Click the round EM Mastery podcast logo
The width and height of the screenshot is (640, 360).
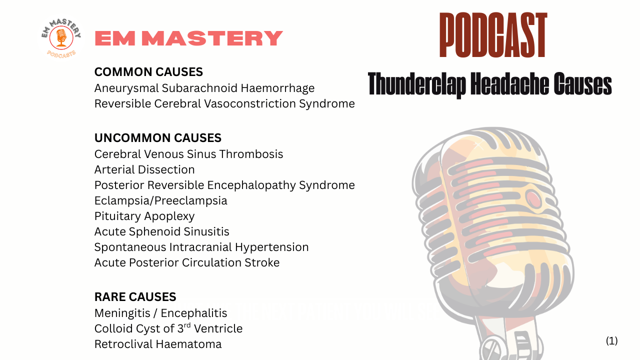60,38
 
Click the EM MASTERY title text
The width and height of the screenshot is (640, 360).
188,38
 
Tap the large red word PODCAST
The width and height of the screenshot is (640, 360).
493,35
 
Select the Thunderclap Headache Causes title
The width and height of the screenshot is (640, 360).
489,84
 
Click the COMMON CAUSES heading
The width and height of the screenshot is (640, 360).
148,72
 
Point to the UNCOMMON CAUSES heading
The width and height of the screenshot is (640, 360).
157,138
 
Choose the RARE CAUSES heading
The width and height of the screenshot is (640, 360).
135,297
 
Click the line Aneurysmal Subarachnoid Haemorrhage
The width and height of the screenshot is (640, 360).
204,88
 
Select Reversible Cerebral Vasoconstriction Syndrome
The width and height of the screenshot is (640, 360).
224,103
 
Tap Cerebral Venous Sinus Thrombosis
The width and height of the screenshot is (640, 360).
188,154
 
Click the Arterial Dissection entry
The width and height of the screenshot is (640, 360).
144,169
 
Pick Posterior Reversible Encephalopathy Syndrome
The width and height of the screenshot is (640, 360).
224,185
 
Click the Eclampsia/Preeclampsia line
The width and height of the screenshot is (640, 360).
160,200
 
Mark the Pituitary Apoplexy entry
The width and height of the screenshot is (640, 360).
144,216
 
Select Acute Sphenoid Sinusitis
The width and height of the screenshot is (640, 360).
161,231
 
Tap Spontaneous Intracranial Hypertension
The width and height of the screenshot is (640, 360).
201,247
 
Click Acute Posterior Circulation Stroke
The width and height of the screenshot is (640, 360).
186,262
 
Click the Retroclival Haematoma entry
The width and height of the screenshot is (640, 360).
157,344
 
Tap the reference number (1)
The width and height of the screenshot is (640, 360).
611,341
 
